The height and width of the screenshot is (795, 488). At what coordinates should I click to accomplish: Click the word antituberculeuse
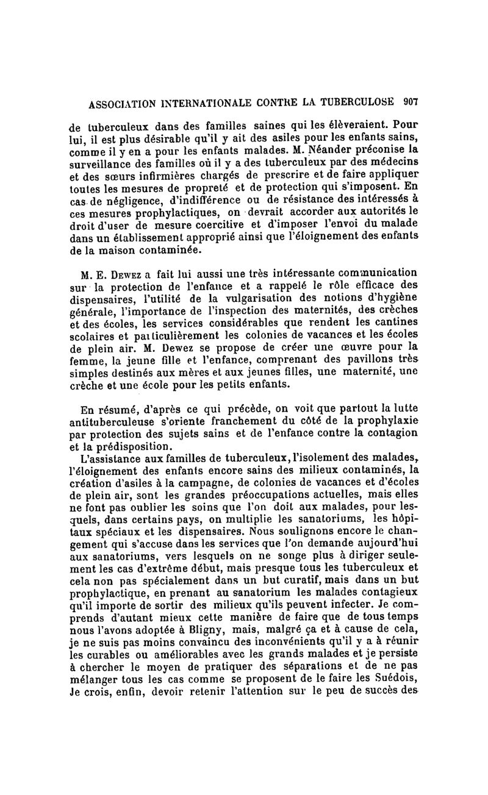tap(117, 422)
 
